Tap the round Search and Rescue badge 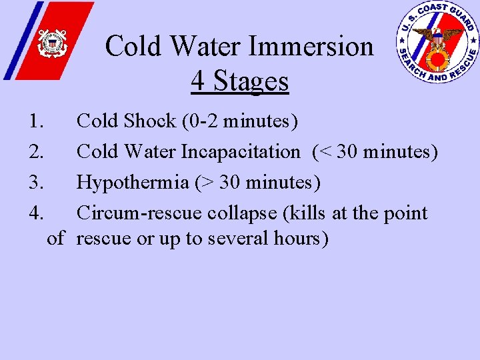[437, 42]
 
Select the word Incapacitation [241, 152]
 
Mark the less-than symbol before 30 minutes [325, 153]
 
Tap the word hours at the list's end [303, 238]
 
